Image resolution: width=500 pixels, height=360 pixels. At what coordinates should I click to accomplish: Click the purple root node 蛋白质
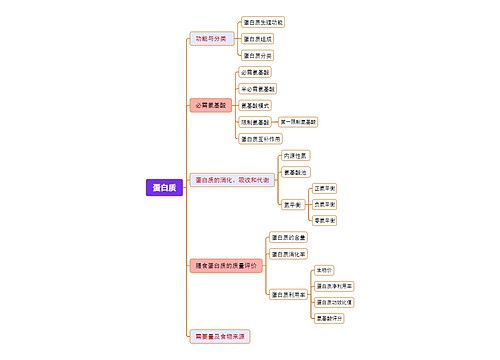(x=162, y=186)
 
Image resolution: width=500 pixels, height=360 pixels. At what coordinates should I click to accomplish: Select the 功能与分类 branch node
(x=211, y=39)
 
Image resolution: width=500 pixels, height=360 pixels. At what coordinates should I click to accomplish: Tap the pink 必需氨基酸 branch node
(x=210, y=105)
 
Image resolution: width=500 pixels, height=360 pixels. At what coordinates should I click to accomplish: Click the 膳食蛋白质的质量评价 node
(x=225, y=265)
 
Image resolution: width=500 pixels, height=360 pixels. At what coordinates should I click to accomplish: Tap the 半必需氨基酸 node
(x=258, y=89)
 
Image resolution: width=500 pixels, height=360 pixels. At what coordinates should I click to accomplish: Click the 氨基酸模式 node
(x=255, y=105)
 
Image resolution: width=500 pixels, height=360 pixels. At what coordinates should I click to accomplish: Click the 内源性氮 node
(x=296, y=155)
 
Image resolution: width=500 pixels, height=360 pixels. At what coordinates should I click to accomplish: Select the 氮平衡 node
(x=292, y=204)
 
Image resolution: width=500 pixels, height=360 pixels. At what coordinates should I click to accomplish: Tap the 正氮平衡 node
(x=325, y=188)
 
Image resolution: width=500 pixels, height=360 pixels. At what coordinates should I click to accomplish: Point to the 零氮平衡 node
(x=325, y=220)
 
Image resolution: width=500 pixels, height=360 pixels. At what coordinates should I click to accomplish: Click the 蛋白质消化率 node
(x=288, y=253)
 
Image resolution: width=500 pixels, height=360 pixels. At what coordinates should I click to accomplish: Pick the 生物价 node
(x=324, y=270)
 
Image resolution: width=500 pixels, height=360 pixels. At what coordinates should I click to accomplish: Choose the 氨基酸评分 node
(x=330, y=318)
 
